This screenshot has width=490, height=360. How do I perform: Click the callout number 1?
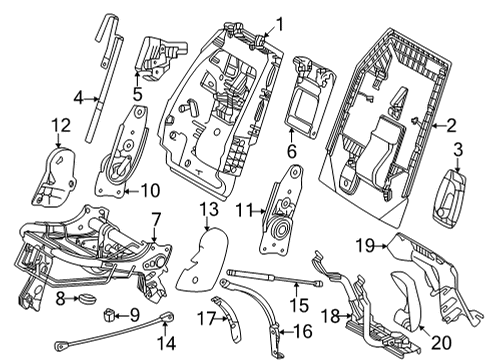pyautogui.click(x=280, y=24)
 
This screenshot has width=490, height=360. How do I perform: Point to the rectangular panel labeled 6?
pyautogui.click(x=305, y=100)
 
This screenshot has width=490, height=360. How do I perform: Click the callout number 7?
pyautogui.click(x=155, y=218)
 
